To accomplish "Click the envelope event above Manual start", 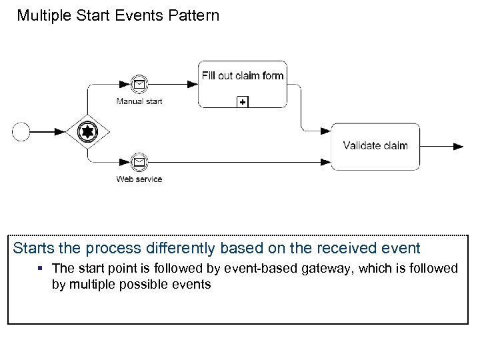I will [139, 85].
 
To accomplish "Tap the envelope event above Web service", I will [139, 162].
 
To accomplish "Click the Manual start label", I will [139, 101].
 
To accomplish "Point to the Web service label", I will [139, 179].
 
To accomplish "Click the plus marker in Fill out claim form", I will [243, 102].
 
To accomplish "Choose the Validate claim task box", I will [375, 146].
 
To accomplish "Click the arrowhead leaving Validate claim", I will [458, 146].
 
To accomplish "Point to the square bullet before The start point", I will [42, 269].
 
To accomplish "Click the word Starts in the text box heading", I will [32, 249].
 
